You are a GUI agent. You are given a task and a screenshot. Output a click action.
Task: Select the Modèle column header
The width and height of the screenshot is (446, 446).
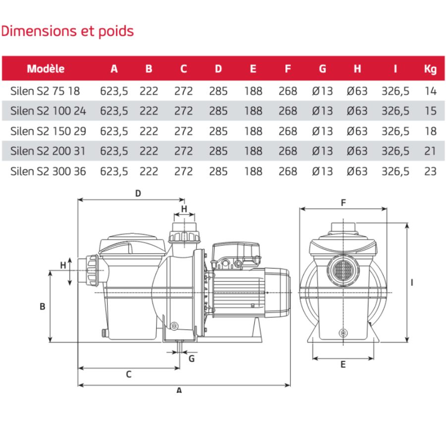[x=46, y=69]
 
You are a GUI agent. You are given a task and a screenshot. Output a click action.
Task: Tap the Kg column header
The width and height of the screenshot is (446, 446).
[x=430, y=69]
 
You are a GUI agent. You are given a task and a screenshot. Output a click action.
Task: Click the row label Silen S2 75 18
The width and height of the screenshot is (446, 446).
[x=45, y=91]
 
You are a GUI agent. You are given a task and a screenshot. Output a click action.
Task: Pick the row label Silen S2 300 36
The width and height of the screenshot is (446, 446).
[x=48, y=171]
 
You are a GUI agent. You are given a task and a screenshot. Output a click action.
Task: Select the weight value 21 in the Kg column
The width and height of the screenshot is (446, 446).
[x=431, y=151]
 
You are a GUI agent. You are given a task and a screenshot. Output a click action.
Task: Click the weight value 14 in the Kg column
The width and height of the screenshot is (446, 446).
[x=431, y=91]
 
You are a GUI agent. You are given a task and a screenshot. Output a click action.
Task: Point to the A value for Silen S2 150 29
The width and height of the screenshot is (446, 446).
[x=114, y=131]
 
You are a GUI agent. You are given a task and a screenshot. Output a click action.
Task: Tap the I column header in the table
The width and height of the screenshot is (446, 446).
[x=395, y=69]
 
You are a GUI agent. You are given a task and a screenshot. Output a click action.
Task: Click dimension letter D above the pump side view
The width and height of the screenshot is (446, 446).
[x=138, y=194]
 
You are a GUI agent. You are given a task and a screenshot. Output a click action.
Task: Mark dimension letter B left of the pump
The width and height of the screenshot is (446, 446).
[x=43, y=307]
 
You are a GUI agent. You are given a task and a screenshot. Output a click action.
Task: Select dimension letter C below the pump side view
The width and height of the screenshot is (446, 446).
[x=128, y=375]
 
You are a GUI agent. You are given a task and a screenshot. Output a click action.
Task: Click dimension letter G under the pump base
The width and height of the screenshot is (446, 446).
[x=192, y=358]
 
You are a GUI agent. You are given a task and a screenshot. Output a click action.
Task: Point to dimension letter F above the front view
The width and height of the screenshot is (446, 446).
[x=343, y=202]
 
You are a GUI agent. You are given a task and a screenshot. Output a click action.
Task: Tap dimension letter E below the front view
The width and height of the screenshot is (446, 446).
[x=343, y=365]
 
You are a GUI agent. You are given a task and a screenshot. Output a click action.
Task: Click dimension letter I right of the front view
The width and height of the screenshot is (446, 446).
[x=412, y=282]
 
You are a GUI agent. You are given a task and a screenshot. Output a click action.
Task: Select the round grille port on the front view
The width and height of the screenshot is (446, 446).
[x=341, y=270]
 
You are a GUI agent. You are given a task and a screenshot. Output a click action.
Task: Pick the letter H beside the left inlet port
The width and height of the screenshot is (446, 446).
[x=63, y=265]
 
